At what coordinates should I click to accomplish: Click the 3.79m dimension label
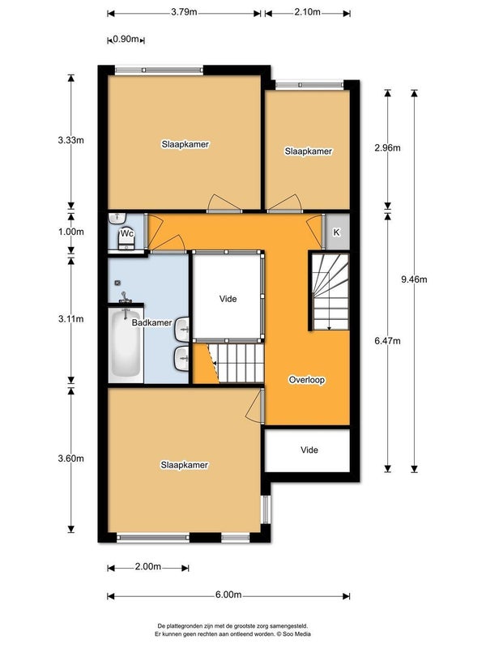(184, 11)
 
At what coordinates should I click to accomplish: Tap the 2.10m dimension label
(307, 11)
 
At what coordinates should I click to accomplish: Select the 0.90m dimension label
(126, 39)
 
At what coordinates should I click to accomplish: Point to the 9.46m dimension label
(414, 279)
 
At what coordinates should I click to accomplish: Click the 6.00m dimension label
(228, 595)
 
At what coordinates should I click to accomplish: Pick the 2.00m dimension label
(148, 566)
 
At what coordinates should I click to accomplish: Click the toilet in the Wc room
(127, 238)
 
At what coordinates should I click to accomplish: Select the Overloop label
(307, 380)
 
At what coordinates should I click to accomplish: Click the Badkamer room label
(151, 322)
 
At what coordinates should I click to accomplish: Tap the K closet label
(336, 232)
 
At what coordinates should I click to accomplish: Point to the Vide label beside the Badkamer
(228, 299)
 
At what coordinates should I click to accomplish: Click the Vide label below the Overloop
(309, 450)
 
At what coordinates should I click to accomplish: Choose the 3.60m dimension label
(71, 458)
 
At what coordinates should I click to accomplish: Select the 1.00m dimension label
(71, 232)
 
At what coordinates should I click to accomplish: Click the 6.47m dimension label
(388, 341)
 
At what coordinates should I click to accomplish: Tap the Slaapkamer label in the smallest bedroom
(309, 151)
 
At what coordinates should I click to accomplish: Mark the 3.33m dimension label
(71, 140)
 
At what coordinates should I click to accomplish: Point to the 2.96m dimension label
(388, 147)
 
